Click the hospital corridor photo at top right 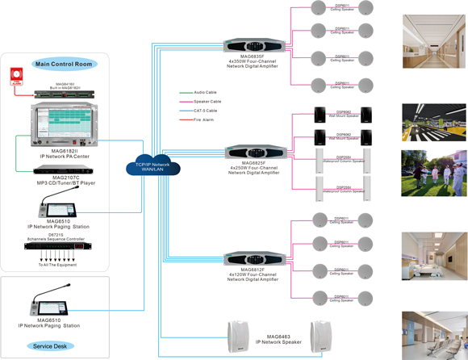[x=434, y=41]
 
